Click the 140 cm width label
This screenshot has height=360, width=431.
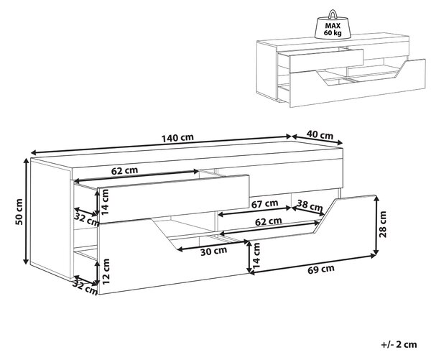coord(177,137)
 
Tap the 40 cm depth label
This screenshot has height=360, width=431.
coord(320,135)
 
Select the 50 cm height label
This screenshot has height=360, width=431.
coord(19,212)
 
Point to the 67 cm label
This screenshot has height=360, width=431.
coord(264,204)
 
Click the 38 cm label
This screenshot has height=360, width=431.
coord(310,206)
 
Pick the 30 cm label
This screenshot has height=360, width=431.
coord(213,251)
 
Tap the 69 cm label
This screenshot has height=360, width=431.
coord(321,269)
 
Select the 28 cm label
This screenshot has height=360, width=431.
coord(383,224)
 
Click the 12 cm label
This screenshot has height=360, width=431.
coord(106,272)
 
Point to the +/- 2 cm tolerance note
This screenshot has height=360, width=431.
coord(399,344)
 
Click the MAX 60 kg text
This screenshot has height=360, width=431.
coord(333,29)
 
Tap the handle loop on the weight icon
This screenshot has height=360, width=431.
coord(333,14)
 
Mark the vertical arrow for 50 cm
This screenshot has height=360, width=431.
coord(27,211)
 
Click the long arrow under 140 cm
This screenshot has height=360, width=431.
coord(161,144)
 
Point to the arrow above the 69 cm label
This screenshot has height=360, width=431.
coord(312,264)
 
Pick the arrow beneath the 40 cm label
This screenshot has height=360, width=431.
coord(318,139)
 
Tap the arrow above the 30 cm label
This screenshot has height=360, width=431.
coord(213,246)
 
